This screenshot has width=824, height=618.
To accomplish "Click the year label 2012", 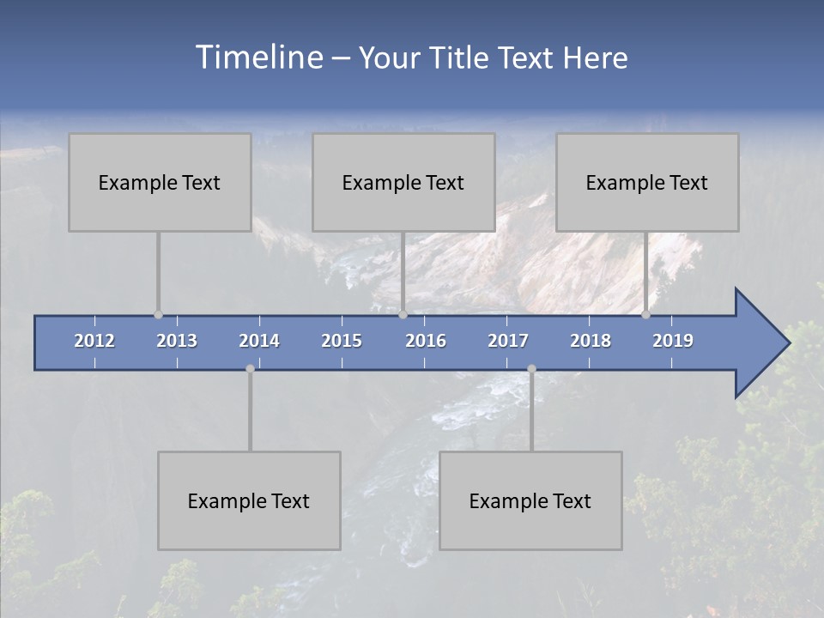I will [x=94, y=341].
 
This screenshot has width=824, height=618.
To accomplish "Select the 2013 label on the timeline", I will [x=177, y=341].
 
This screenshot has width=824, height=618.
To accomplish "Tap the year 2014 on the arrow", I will [x=259, y=341].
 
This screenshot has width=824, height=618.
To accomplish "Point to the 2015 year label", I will [x=342, y=341].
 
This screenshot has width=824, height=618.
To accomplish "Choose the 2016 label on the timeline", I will [x=426, y=341].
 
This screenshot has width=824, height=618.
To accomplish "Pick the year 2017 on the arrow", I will [x=508, y=341].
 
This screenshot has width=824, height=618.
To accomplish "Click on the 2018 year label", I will [x=591, y=341].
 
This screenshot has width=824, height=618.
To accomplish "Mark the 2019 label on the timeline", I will [x=673, y=341].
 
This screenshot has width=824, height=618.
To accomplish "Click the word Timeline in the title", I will [x=258, y=58].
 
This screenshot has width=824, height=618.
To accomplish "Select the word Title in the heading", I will [x=461, y=58].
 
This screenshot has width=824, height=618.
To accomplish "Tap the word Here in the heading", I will [x=596, y=58].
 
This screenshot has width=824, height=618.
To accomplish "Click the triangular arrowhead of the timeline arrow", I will [x=760, y=343].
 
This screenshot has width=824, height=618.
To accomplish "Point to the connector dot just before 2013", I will [x=158, y=315].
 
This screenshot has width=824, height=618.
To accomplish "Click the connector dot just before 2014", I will [x=250, y=369].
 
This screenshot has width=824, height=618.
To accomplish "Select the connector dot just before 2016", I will [x=403, y=315].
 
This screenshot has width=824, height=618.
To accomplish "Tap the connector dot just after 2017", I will [x=531, y=369].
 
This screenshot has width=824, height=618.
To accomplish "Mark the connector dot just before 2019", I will [x=645, y=315].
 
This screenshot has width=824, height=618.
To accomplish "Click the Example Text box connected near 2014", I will [x=249, y=500].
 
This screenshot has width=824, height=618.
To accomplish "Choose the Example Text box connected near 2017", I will [x=530, y=500].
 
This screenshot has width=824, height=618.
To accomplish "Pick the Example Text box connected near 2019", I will [x=647, y=182].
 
